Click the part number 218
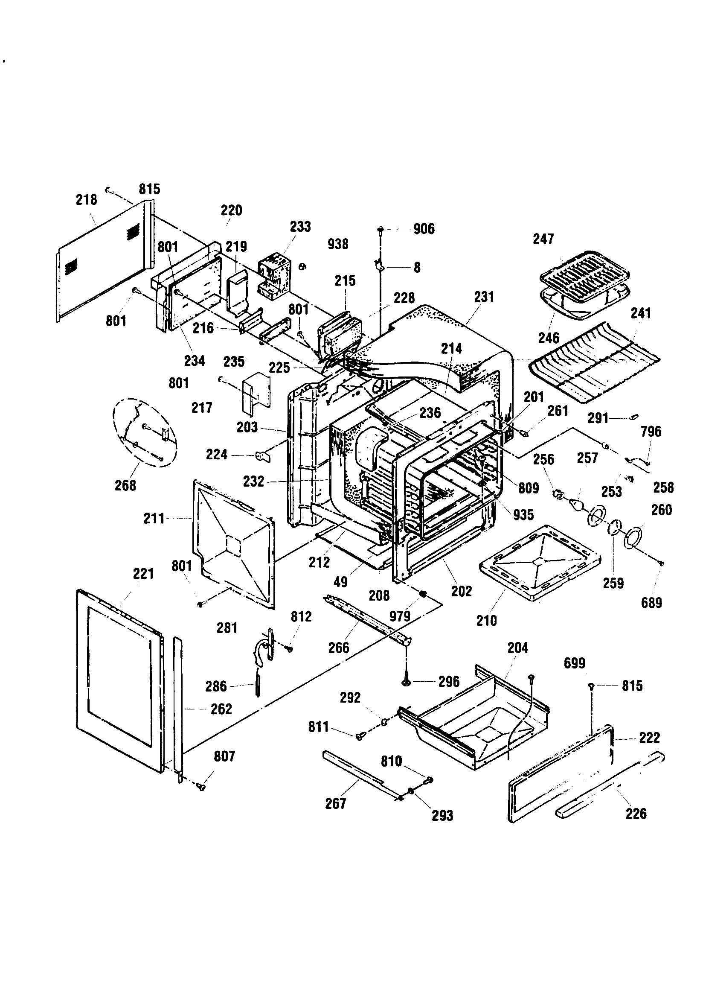86,200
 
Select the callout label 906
424,229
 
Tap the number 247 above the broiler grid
543,239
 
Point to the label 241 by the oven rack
640,313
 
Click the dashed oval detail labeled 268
144,432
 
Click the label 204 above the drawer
517,648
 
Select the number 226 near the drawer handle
636,813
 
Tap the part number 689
651,602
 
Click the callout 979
400,616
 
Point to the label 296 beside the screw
449,682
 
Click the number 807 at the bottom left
224,756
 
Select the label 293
442,815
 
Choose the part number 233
300,227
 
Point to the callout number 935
523,515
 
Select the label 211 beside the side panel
154,518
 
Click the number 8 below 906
417,267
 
